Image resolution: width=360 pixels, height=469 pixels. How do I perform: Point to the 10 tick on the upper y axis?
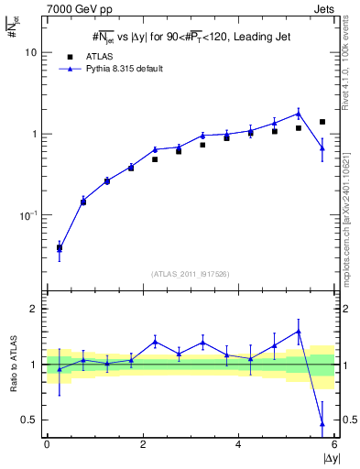[x=32, y=52]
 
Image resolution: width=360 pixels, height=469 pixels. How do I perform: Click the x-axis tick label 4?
[x=238, y=445]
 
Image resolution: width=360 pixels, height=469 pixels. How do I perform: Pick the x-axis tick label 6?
[x=333, y=445]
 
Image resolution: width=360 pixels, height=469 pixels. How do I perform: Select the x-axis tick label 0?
[x=47, y=445]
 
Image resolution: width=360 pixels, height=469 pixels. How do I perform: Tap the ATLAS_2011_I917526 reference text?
[x=191, y=274]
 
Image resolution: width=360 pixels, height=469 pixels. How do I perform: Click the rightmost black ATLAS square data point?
[x=322, y=122]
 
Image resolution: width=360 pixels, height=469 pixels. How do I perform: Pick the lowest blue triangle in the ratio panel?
[x=322, y=423]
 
